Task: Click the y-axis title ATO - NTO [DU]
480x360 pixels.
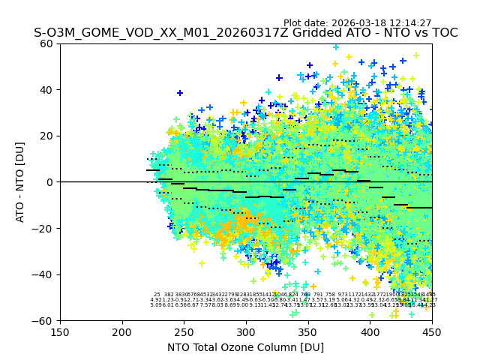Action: pyautogui.click(x=21, y=181)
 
